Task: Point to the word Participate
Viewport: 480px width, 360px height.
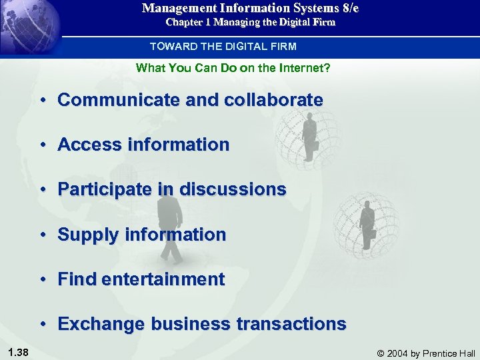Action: [x=106, y=189]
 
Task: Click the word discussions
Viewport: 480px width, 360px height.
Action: [x=233, y=189]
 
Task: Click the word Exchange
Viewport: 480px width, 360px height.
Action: [x=101, y=324]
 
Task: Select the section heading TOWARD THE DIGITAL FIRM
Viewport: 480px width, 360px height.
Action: [x=223, y=47]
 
